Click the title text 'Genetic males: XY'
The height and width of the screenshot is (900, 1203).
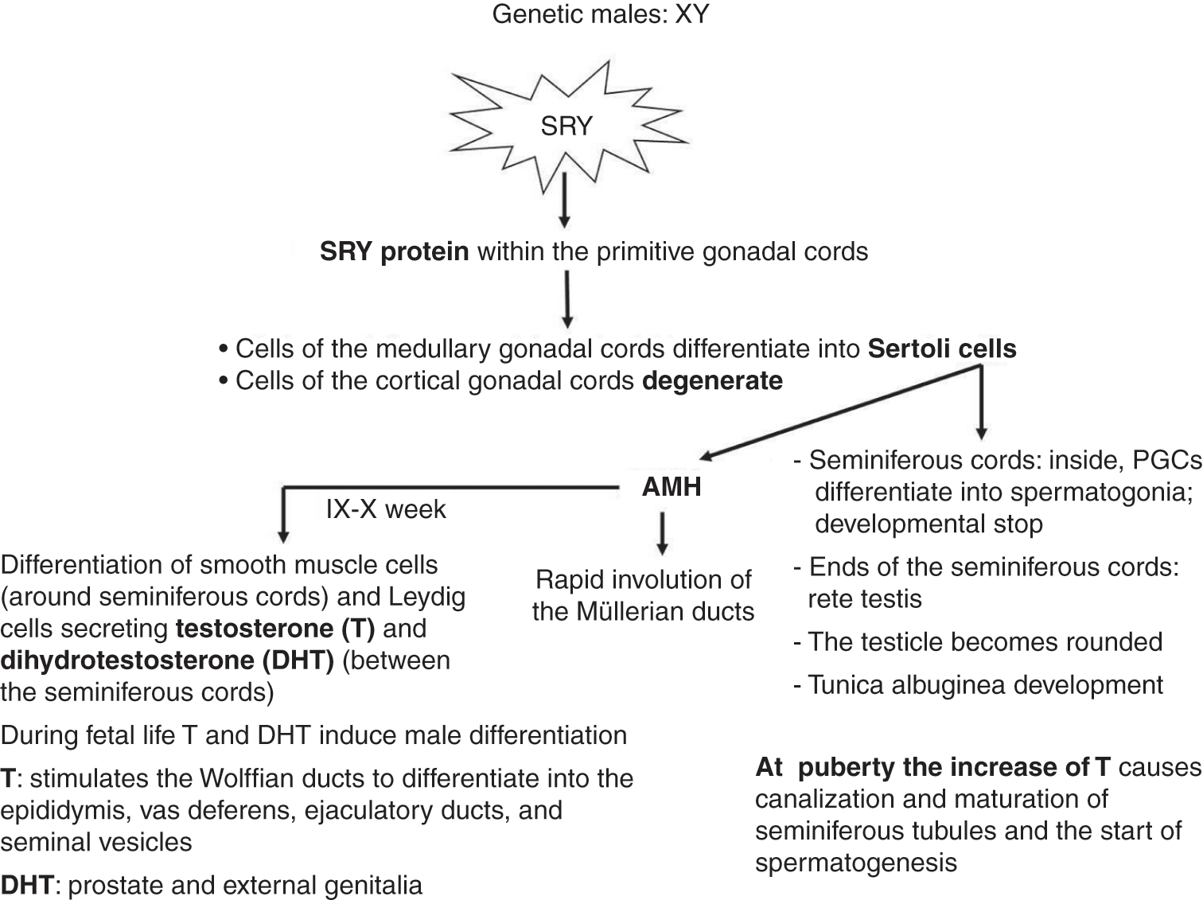600,14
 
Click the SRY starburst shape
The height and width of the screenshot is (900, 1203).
566,126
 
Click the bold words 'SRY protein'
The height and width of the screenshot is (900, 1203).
394,251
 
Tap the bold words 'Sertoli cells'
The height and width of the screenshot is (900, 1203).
942,349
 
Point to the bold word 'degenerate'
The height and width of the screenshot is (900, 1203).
712,380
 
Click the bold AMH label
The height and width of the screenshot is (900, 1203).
672,486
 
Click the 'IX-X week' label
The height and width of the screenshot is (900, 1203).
386,509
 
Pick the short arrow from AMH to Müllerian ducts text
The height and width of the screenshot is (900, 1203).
662,533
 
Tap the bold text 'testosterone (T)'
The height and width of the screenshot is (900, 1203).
275,629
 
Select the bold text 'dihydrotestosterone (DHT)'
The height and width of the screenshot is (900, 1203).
167,660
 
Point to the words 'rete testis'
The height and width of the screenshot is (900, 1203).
865,598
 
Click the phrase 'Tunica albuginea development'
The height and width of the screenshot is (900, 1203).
985,684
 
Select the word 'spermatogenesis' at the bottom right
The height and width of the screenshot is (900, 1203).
856,863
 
